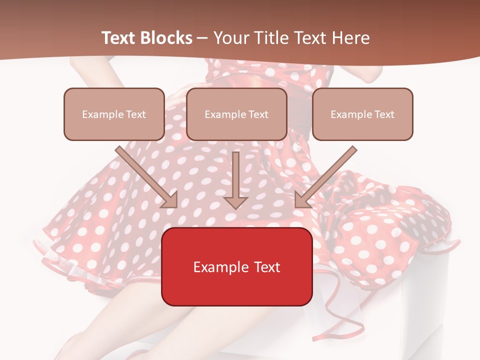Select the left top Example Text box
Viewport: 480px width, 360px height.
(114, 114)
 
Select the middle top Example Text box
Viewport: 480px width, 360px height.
(236, 114)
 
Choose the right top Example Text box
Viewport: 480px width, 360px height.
(362, 114)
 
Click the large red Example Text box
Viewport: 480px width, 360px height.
(236, 266)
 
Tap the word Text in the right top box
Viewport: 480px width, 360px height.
(384, 114)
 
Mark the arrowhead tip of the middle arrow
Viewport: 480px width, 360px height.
(236, 208)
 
